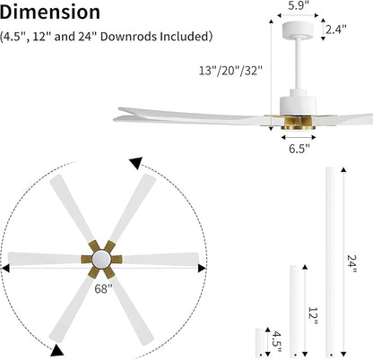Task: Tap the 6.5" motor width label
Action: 298,150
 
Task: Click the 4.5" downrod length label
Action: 277,339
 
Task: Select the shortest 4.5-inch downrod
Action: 259,340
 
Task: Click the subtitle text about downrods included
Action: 107,37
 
